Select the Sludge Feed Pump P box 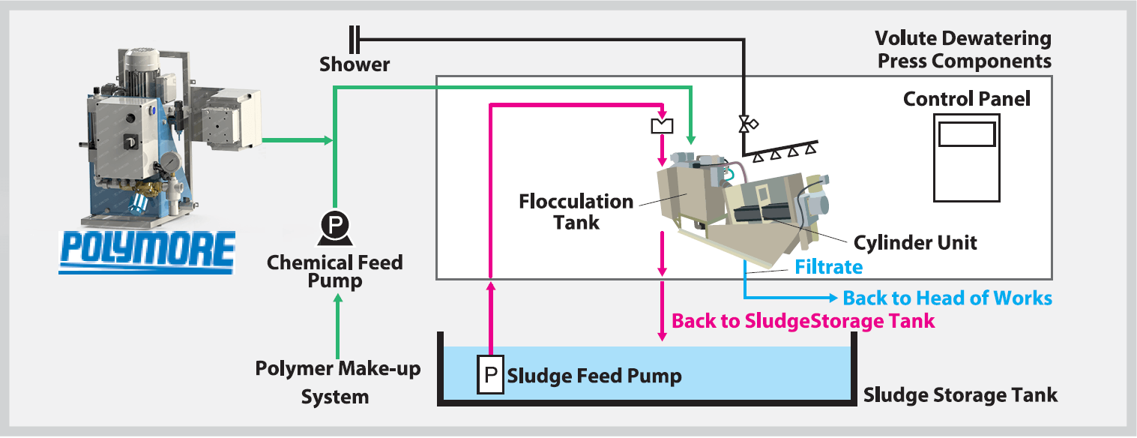coord(491,374)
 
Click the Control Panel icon coord(966,157)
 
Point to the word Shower coord(355,64)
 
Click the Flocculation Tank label coord(576,211)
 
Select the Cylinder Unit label coord(915,243)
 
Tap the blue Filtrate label coord(828,267)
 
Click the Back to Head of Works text coord(947,298)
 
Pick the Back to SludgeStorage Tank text coord(803,321)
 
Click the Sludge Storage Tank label coord(960,394)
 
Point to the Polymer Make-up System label coord(337,382)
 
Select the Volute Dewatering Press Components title coord(964,49)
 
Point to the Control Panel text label coord(966,99)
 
